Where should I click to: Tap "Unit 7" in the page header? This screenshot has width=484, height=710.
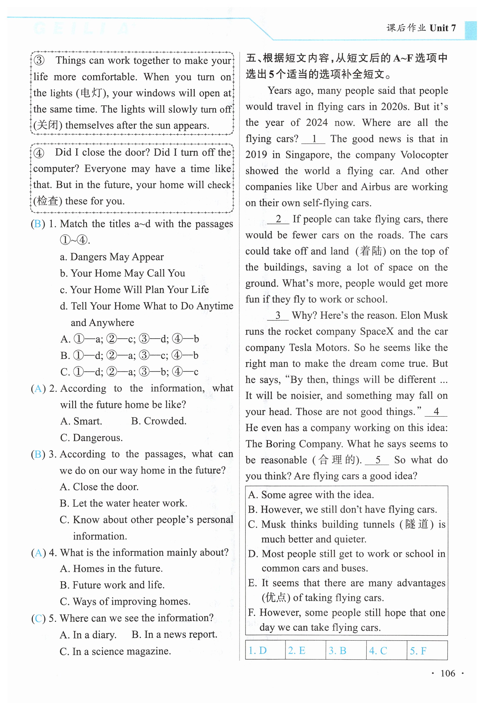coord(442,28)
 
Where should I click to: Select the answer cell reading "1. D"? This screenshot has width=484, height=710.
coord(258,650)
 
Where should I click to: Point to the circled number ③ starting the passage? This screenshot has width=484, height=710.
coord(39,60)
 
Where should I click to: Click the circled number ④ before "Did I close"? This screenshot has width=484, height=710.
coord(39,153)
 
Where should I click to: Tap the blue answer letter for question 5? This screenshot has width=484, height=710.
coord(38,619)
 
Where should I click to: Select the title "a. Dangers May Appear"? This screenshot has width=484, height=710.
coord(112,257)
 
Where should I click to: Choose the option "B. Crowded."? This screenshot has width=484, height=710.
coord(159,421)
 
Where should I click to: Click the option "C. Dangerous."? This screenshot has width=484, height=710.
coord(91,437)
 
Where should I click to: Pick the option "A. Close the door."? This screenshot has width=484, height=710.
coord(99,487)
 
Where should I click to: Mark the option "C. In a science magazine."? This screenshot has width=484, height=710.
coord(115,651)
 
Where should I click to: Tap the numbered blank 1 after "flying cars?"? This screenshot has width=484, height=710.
coord(314,139)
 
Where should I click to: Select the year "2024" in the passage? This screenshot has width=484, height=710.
coord(317,123)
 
